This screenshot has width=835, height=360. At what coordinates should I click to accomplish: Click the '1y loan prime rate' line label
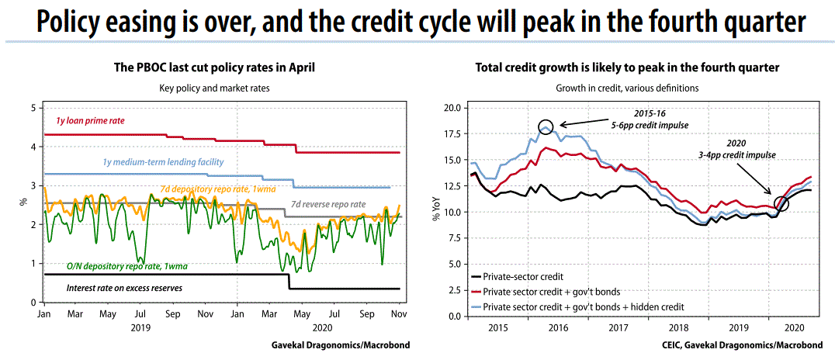[x=89, y=121]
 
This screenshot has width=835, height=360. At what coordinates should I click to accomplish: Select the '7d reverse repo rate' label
[x=327, y=205]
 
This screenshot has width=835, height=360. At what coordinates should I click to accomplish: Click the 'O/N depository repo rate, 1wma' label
[x=116, y=266]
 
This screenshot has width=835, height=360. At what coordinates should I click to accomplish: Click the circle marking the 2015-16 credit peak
[x=546, y=127]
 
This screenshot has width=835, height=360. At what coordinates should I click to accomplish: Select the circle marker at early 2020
[x=781, y=203]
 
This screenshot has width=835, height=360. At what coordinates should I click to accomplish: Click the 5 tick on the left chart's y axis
[x=31, y=107]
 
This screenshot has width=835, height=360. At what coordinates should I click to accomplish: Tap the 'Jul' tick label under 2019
[x=140, y=315]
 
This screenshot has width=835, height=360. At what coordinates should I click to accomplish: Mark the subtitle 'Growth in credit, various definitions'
[x=627, y=88]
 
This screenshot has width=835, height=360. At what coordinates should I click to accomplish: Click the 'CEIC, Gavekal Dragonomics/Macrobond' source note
[x=746, y=344]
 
